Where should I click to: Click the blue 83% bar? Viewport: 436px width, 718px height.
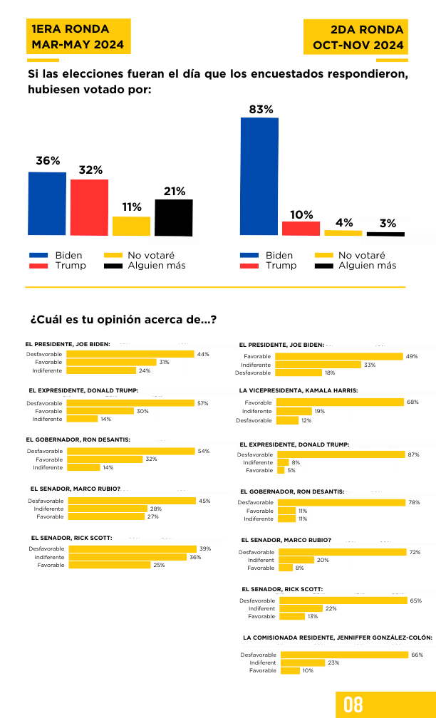coord(259,177)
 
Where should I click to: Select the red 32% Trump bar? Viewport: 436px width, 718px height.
coord(89,207)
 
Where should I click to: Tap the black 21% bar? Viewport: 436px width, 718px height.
coord(174,217)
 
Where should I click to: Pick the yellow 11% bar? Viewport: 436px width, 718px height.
coord(131,227)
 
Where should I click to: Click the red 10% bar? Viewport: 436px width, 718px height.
coord(301,229)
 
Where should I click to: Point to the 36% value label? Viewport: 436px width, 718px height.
coord(48,161)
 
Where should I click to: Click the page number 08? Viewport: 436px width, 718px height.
coord(353,704)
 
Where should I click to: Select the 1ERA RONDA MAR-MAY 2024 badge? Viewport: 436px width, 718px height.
coord(78,36)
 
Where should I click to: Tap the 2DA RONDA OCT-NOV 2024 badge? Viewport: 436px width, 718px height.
coord(356,37)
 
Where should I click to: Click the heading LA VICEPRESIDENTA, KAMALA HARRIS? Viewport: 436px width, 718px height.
coord(298,390)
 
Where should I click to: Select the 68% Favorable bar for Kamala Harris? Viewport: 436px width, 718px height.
coord(341,402)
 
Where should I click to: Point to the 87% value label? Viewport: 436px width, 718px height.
coord(413,454)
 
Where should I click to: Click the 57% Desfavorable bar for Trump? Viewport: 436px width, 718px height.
coord(130,403)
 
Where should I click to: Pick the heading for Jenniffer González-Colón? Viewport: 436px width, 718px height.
coord(338,637)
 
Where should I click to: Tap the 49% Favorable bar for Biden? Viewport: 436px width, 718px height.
coord(339,356)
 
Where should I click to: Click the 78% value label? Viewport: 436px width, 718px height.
coord(413,502)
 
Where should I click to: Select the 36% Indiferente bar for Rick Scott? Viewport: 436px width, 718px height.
coord(128,557)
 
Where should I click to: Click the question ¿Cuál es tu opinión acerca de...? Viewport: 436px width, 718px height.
coord(123,320)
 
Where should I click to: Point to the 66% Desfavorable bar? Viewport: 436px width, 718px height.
coord(344,655)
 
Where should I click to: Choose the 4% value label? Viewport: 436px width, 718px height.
coord(344,222)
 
